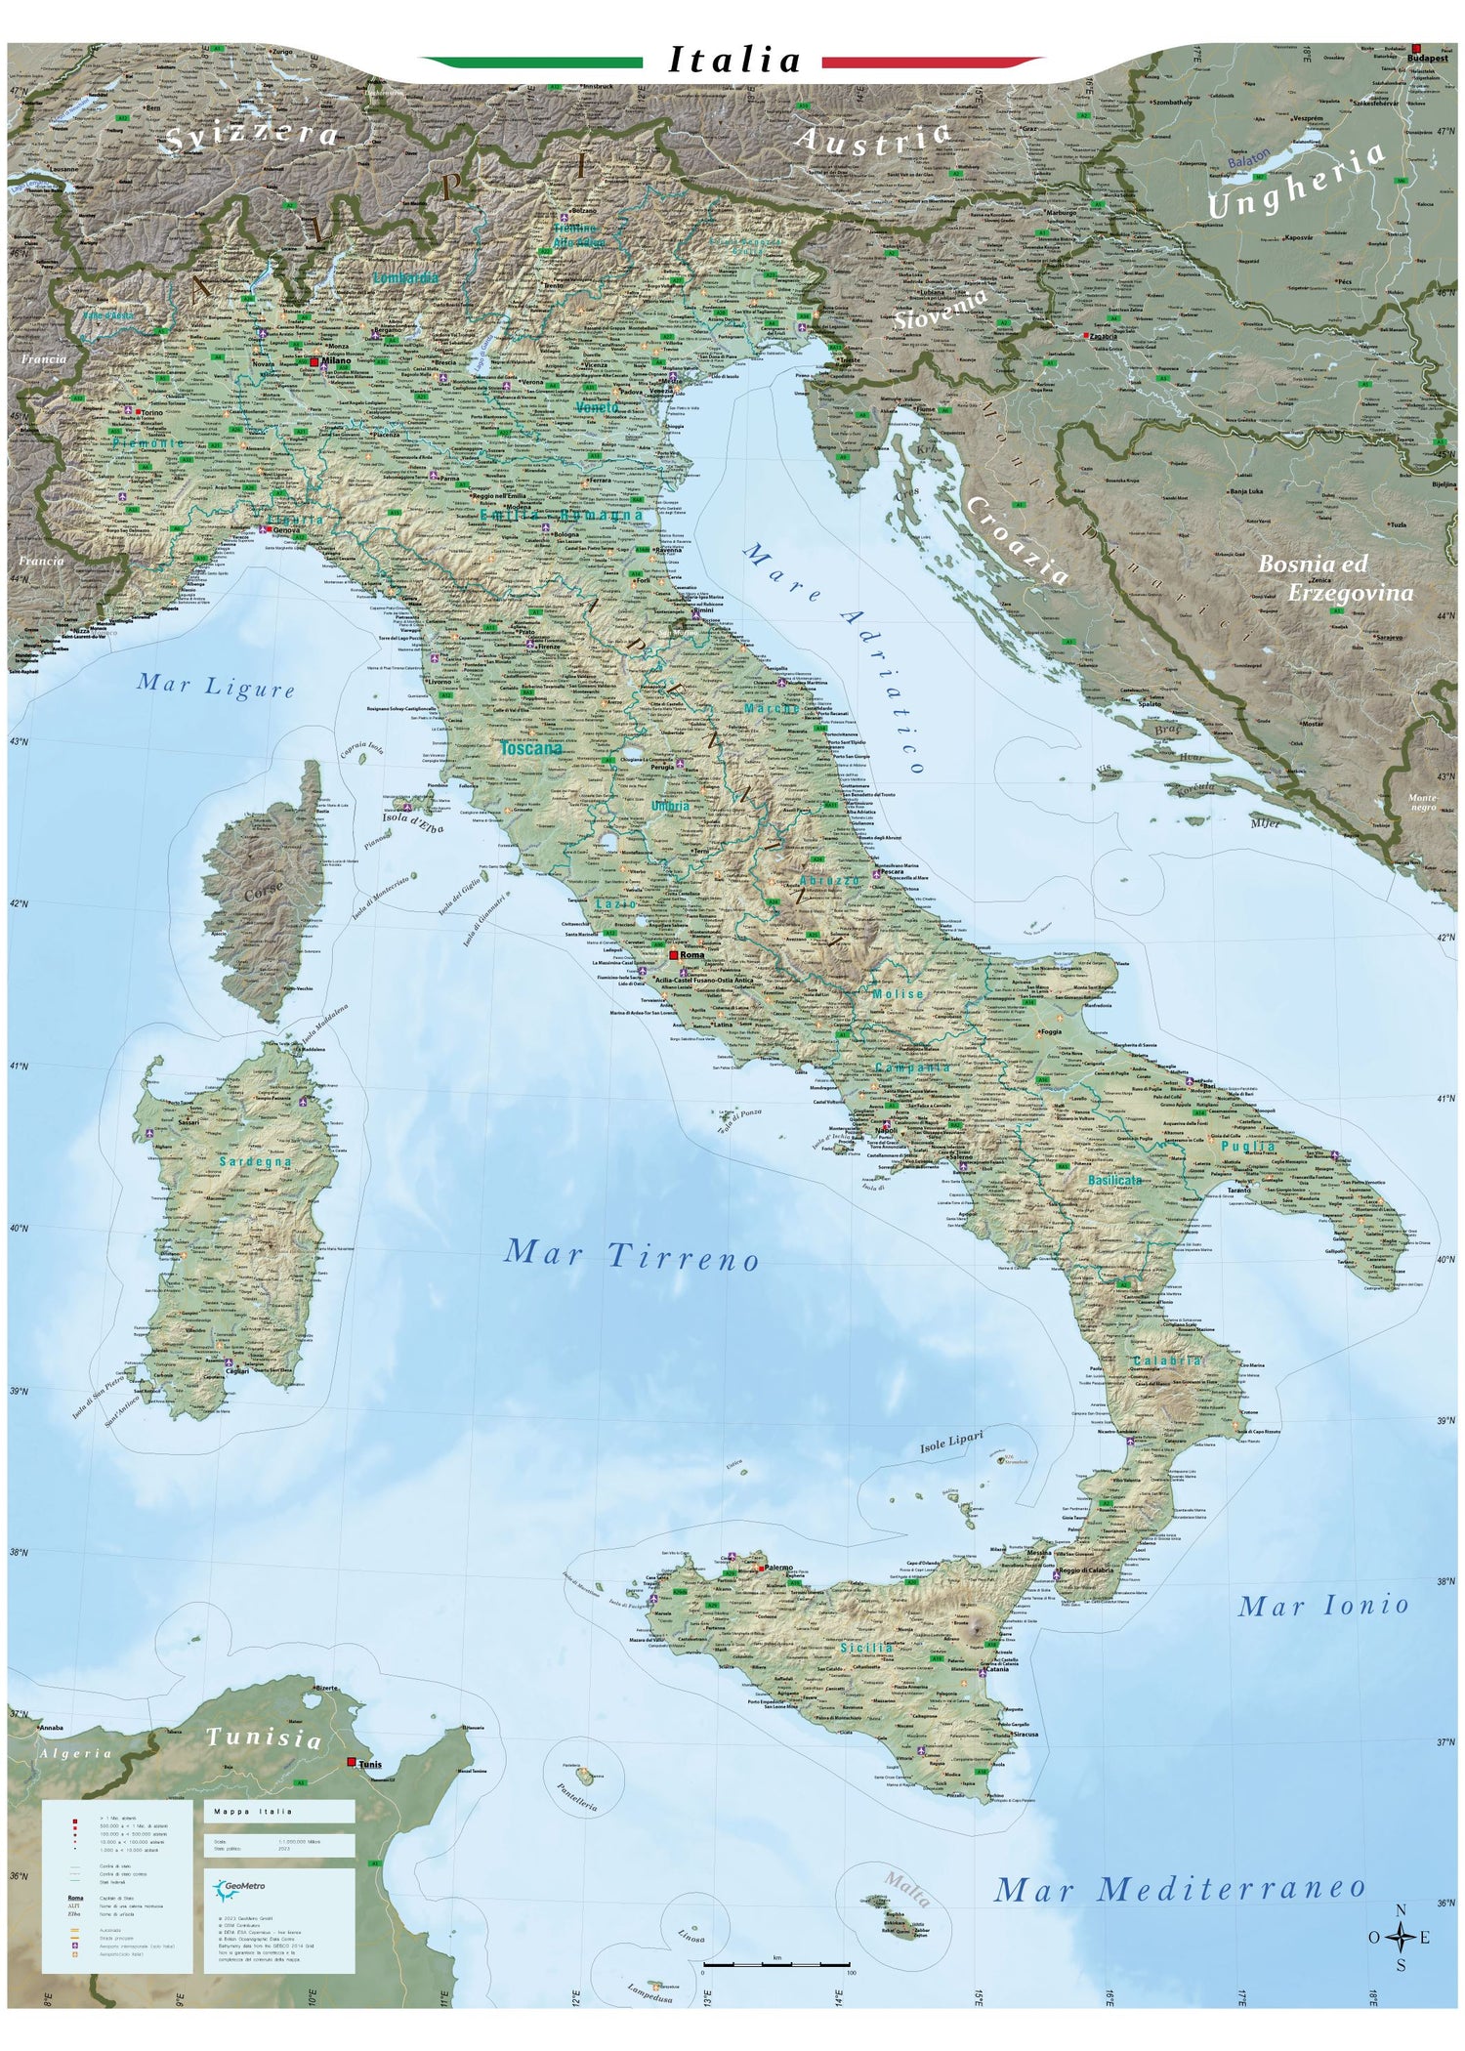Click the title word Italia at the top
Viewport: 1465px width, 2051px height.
pos(734,62)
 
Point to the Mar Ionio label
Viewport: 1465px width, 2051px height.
pos(1323,1605)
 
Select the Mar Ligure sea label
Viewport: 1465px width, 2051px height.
pos(216,686)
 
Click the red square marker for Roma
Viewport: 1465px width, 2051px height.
pos(673,954)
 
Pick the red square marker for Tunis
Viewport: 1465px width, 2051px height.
pos(352,1762)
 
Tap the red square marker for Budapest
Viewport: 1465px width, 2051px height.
pos(1416,48)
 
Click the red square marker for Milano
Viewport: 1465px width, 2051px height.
pos(314,361)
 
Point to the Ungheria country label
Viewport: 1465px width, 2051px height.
pos(1297,182)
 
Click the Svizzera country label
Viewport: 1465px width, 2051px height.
pos(252,137)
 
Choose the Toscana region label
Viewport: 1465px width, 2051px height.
pos(531,749)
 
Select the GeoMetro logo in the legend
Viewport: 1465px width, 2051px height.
pos(239,1887)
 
